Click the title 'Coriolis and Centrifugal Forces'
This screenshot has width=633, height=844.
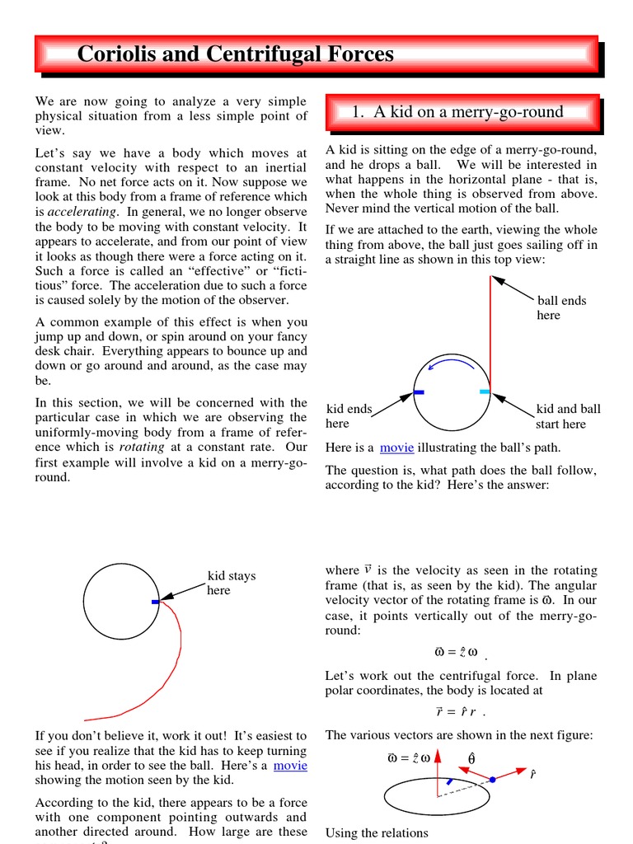pyautogui.click(x=235, y=54)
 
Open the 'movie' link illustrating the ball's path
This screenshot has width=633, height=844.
pyautogui.click(x=396, y=448)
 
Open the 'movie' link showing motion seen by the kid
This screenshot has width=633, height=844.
pyautogui.click(x=290, y=766)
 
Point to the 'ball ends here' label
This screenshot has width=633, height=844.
pyautogui.click(x=560, y=307)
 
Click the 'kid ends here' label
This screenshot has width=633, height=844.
pyautogui.click(x=349, y=416)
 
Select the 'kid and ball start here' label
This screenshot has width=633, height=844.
pyautogui.click(x=568, y=416)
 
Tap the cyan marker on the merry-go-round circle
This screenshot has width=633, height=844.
pyautogui.click(x=485, y=392)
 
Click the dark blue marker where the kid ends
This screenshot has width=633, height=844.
pyautogui.click(x=419, y=392)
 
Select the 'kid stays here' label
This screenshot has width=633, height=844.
pyautogui.click(x=231, y=583)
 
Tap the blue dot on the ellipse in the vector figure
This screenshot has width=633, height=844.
pyautogui.click(x=492, y=779)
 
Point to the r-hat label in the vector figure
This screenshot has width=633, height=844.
pyautogui.click(x=533, y=775)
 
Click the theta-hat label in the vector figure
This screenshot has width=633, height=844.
pyautogui.click(x=471, y=758)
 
